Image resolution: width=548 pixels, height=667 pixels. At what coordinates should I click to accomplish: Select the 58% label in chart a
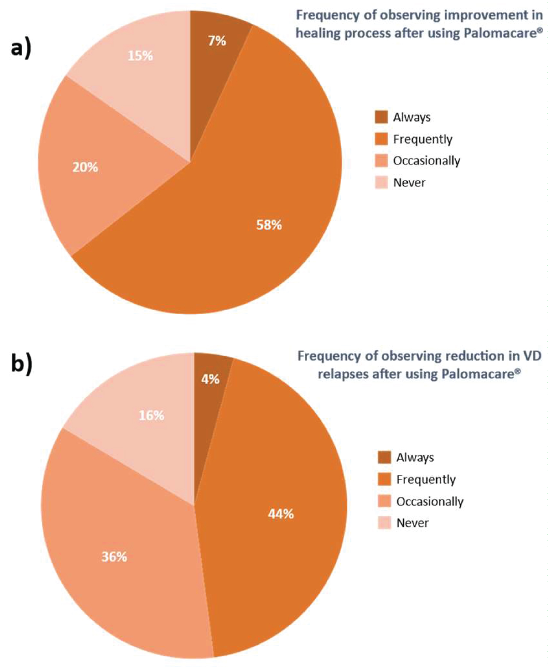pos(269,225)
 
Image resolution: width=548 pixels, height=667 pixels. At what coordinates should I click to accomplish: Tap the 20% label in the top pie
pos(85,167)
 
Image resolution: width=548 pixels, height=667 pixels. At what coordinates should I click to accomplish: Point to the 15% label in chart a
pos(140,56)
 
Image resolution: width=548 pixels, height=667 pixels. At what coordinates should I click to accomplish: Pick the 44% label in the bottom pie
pos(281,514)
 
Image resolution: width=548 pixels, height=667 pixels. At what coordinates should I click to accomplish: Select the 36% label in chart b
pos(114,557)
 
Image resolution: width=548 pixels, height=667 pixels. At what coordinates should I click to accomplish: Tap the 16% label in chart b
pos(152,416)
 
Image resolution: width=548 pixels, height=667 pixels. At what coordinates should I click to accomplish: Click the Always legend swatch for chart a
pos(381,117)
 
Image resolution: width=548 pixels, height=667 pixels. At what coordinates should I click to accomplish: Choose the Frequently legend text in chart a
pos(423,139)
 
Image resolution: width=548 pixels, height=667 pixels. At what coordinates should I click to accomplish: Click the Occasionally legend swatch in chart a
pos(381,161)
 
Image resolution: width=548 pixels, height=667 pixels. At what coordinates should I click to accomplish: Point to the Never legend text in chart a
pos(409,183)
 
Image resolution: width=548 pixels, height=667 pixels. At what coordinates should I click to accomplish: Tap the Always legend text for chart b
pos(415,458)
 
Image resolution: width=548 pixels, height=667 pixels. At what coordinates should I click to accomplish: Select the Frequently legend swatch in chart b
pos(384,480)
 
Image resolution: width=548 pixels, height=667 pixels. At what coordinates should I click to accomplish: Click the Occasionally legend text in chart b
pos(430,501)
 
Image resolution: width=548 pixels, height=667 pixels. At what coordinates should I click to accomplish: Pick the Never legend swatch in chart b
pos(384,523)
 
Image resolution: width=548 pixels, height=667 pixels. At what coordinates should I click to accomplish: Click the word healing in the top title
pos(317,33)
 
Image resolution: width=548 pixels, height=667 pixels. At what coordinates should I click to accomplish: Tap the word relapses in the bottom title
pos(342,374)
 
